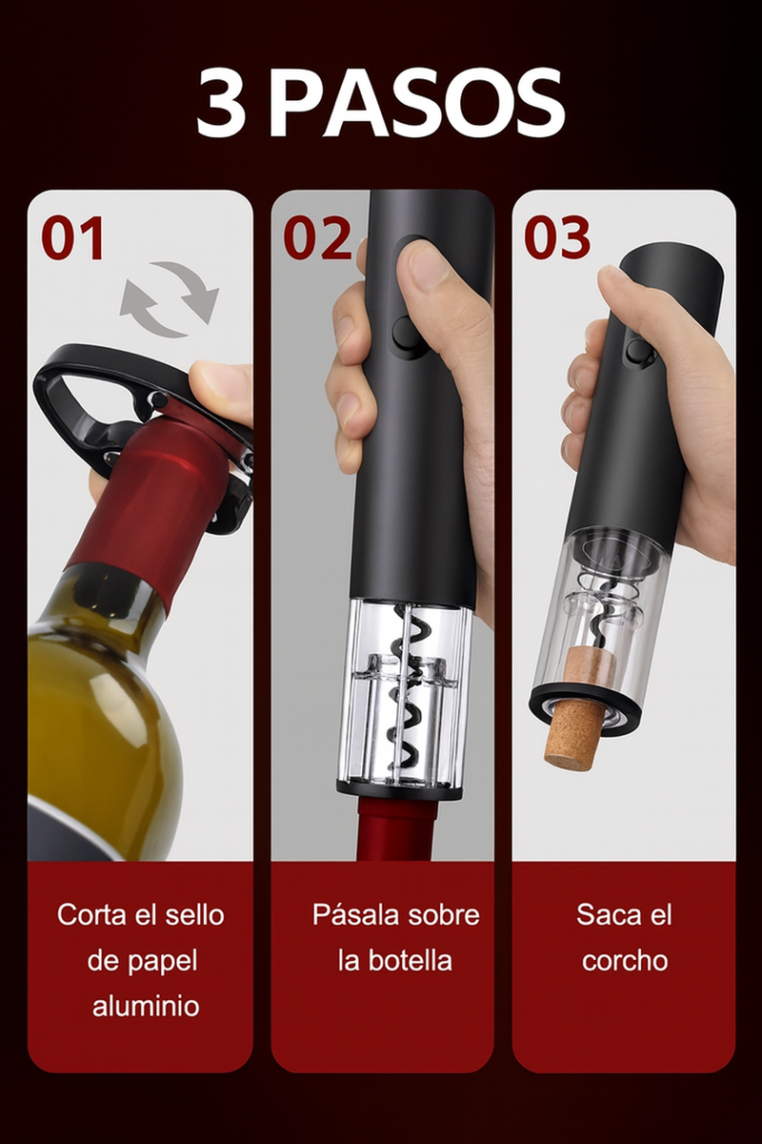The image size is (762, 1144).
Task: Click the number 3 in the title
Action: pyautogui.click(x=221, y=103)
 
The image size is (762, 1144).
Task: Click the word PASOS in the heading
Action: pyautogui.click(x=416, y=103)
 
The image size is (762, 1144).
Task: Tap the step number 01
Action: pyautogui.click(x=72, y=238)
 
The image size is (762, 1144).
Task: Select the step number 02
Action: pyautogui.click(x=317, y=238)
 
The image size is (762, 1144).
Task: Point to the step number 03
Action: pyautogui.click(x=557, y=238)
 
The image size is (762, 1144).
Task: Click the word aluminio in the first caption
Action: pyautogui.click(x=146, y=1006)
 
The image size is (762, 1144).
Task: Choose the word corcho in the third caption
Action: pyautogui.click(x=625, y=960)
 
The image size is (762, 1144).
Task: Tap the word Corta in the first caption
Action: pyautogui.click(x=91, y=915)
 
